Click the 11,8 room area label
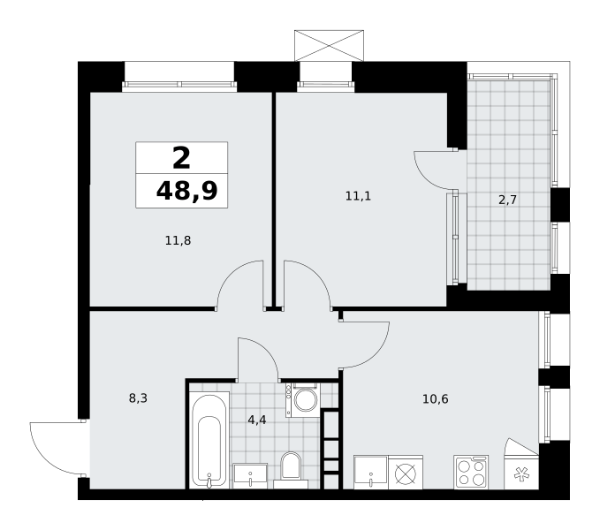(178, 241)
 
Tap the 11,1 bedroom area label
(358, 197)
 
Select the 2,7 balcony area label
(507, 200)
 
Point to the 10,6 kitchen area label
(436, 399)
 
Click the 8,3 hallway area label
(138, 399)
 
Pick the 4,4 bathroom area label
(257, 420)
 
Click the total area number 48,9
(186, 191)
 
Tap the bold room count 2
(181, 158)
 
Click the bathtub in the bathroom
(209, 442)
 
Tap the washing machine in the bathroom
(302, 400)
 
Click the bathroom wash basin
(250, 476)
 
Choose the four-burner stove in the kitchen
(471, 472)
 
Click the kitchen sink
(371, 473)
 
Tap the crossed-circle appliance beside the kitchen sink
(406, 473)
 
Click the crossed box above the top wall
(329, 46)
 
